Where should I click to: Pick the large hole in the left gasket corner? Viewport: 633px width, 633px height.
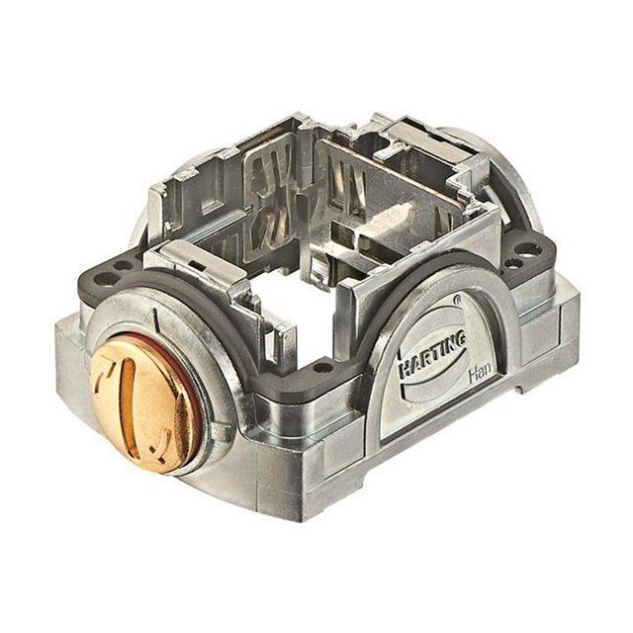click(120, 265)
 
